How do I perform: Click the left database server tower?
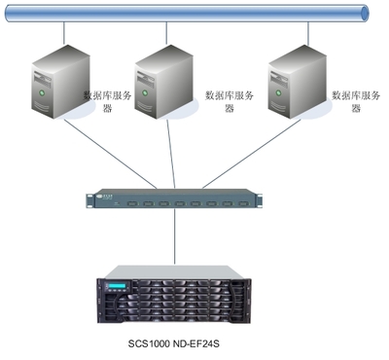[60, 82]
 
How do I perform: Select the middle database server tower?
[163, 82]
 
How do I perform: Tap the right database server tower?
[298, 82]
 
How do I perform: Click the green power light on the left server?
[41, 92]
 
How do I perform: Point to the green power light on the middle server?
[144, 92]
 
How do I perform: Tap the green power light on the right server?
[278, 92]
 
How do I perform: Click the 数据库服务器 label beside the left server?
[108, 101]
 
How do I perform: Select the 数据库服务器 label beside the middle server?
[230, 101]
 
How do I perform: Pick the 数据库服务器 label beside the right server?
[356, 101]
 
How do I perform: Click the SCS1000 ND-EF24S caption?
[174, 343]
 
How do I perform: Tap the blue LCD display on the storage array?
[116, 286]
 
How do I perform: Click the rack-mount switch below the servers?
[174, 198]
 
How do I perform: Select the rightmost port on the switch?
[243, 204]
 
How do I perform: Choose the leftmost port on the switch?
[132, 204]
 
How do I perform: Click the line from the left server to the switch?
[110, 154]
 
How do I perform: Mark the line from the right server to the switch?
[252, 154]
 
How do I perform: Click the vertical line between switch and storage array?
[175, 236]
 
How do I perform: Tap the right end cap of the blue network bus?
[365, 14]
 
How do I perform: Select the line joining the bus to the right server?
[308, 33]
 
